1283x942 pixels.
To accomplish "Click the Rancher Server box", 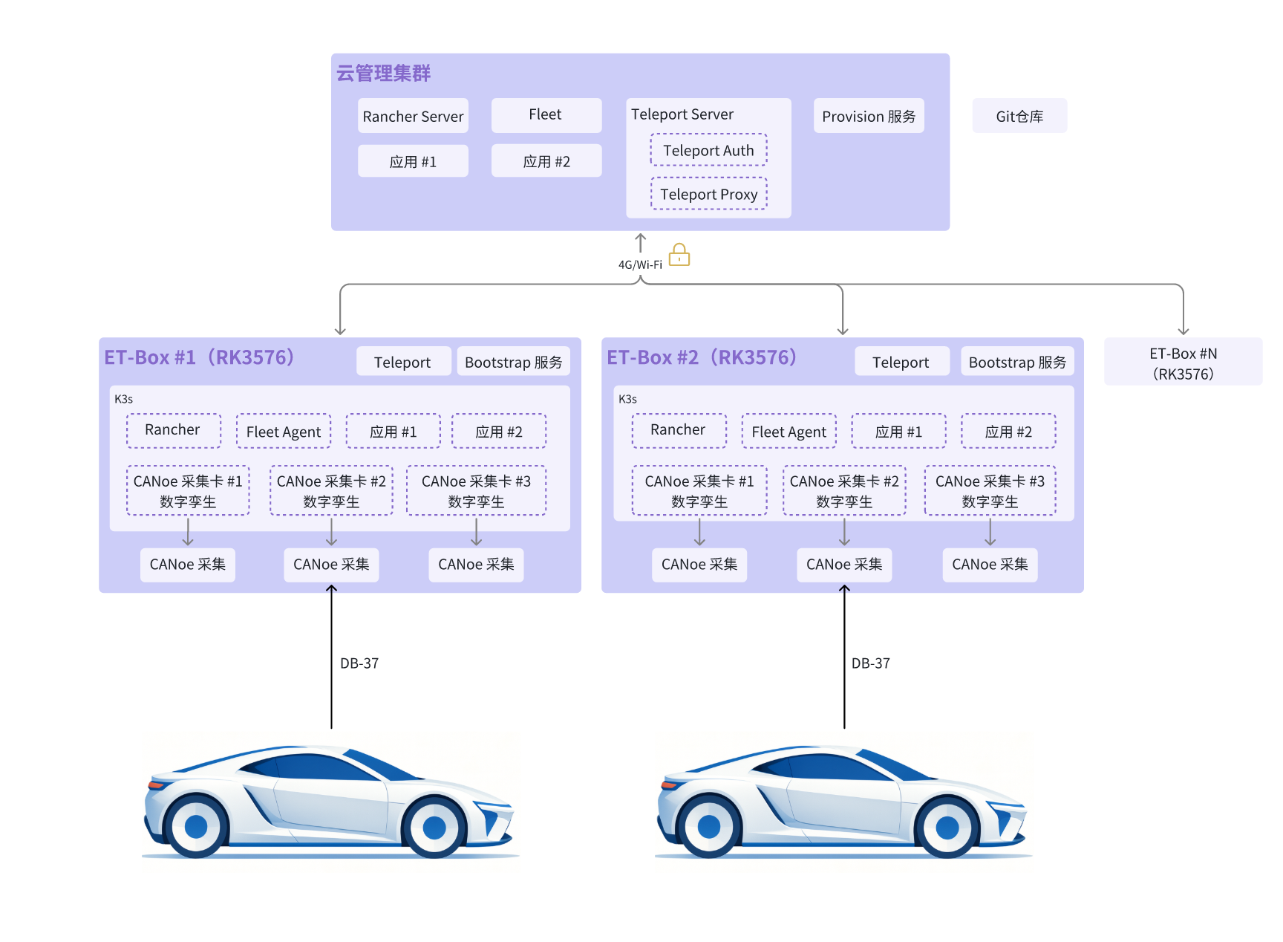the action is (x=413, y=116).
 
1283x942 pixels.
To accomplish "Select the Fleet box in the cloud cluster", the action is (x=546, y=115).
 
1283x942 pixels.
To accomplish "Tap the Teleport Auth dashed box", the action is (x=709, y=150).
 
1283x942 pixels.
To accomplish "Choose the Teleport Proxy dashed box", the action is (x=709, y=194).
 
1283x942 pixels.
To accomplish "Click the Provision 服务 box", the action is (x=869, y=116).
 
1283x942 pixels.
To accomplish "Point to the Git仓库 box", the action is (x=1019, y=116).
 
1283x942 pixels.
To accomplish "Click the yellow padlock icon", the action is (x=679, y=255).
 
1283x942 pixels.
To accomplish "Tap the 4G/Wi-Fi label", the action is (x=640, y=264).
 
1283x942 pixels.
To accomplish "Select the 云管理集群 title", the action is (x=383, y=73).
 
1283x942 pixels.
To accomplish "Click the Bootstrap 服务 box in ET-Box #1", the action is (x=514, y=362).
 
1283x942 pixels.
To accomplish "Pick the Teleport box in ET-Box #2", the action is (x=901, y=362).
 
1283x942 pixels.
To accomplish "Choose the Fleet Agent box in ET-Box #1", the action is (x=284, y=432).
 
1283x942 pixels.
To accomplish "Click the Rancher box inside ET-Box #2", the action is (x=679, y=430).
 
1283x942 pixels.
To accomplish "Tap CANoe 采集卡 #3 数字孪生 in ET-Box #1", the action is (x=476, y=491).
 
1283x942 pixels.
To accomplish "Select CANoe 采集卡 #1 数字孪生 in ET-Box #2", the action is (x=699, y=491).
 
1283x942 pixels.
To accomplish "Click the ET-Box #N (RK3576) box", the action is (x=1183, y=363).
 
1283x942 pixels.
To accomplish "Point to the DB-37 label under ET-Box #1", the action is (x=359, y=663).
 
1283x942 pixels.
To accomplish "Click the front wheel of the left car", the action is (x=434, y=827).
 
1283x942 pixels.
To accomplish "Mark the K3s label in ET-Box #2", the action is (x=627, y=399).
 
